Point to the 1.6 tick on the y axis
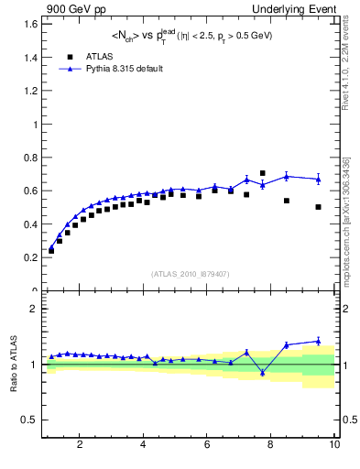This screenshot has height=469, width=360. point(31,25)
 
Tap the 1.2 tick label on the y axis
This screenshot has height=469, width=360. point(31,92)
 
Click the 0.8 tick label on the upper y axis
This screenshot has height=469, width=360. point(31,158)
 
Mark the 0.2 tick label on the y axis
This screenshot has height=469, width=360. point(31,257)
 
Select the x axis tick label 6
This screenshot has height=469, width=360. point(207,445)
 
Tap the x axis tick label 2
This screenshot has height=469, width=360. point(80,445)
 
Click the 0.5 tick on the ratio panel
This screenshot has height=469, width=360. point(30,420)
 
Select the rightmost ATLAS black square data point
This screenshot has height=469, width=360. point(318,207)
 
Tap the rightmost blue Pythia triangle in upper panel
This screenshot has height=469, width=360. point(318,179)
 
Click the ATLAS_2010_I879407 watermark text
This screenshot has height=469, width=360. point(190,273)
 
